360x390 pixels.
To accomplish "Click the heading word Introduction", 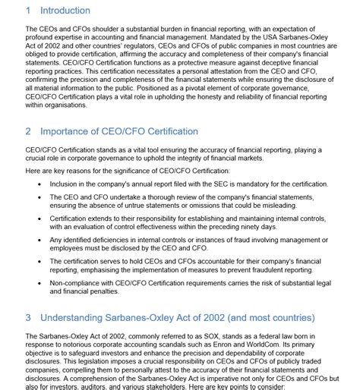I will pyautogui.click(x=65, y=11).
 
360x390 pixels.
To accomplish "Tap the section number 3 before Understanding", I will pyautogui.click(x=28, y=316).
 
